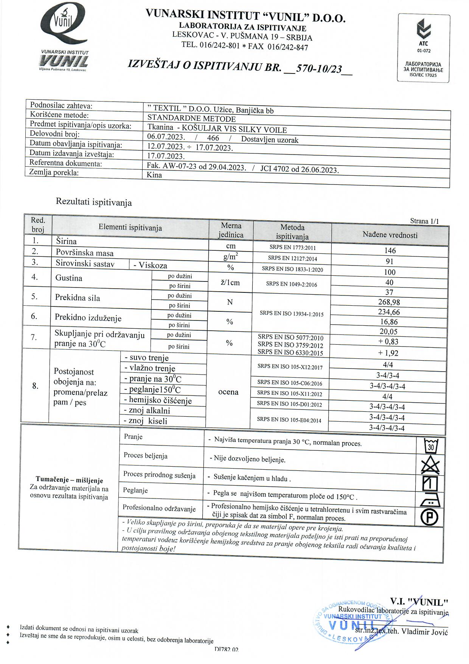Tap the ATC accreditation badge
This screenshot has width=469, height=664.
[x=424, y=48]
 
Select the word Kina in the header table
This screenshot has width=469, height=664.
[x=154, y=175]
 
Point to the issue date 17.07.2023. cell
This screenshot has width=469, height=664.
[x=166, y=156]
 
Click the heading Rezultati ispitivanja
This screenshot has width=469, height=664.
[x=94, y=202]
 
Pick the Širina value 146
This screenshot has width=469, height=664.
[x=390, y=250]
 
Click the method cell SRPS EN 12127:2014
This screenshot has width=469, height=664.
[x=292, y=258]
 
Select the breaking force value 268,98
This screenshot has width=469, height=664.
[x=390, y=302]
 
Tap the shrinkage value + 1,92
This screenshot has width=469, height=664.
[x=388, y=353]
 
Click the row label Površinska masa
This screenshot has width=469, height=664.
[x=85, y=253]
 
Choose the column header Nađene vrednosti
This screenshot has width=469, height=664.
[x=390, y=235]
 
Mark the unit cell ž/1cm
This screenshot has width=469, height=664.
[x=230, y=283]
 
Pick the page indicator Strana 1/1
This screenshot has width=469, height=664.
[x=424, y=221]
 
